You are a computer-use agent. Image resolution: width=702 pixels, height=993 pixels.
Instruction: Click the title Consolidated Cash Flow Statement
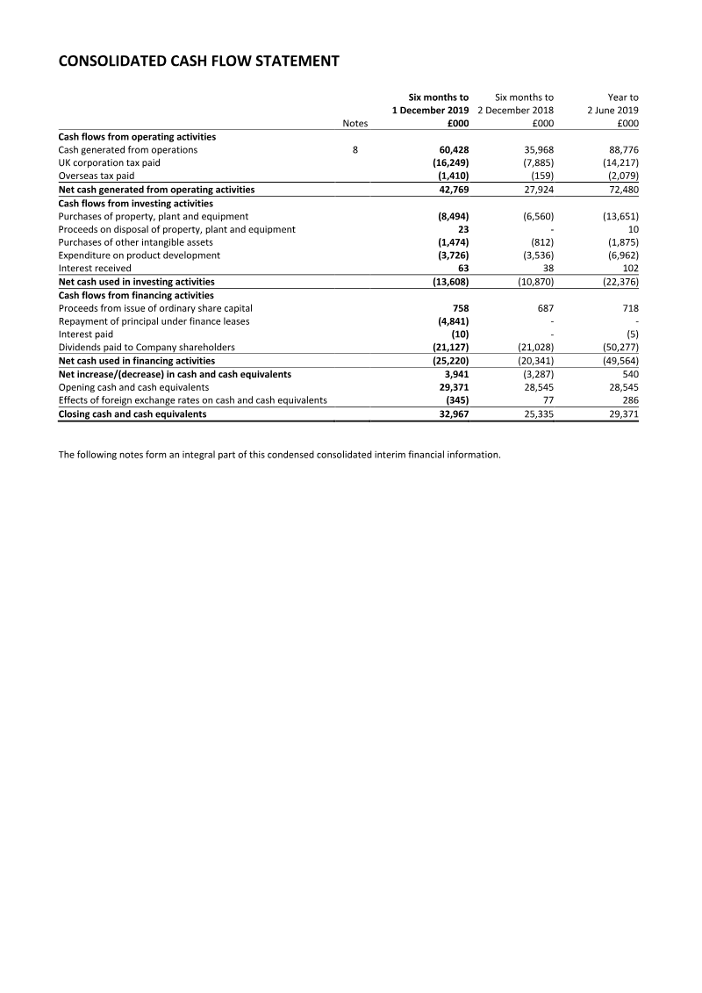(x=198, y=61)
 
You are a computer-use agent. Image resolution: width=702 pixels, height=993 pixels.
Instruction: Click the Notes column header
(x=355, y=124)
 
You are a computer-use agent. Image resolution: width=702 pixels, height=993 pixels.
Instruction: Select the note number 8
(x=355, y=150)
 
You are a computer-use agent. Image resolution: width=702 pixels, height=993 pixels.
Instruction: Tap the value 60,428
(x=453, y=150)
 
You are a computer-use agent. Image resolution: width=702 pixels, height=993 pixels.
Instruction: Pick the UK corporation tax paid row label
(x=109, y=163)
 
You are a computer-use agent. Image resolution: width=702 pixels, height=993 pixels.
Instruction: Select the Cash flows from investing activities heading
(x=135, y=203)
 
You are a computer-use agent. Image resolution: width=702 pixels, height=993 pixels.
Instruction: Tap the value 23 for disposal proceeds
(x=462, y=229)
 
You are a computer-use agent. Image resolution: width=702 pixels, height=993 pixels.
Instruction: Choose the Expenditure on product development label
(x=139, y=255)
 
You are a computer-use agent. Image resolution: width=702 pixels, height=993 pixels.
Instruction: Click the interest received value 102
(x=627, y=269)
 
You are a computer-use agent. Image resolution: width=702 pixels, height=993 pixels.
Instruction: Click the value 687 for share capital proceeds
(x=544, y=308)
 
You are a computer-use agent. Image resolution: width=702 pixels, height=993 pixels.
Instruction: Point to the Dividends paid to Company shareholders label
(x=146, y=348)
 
